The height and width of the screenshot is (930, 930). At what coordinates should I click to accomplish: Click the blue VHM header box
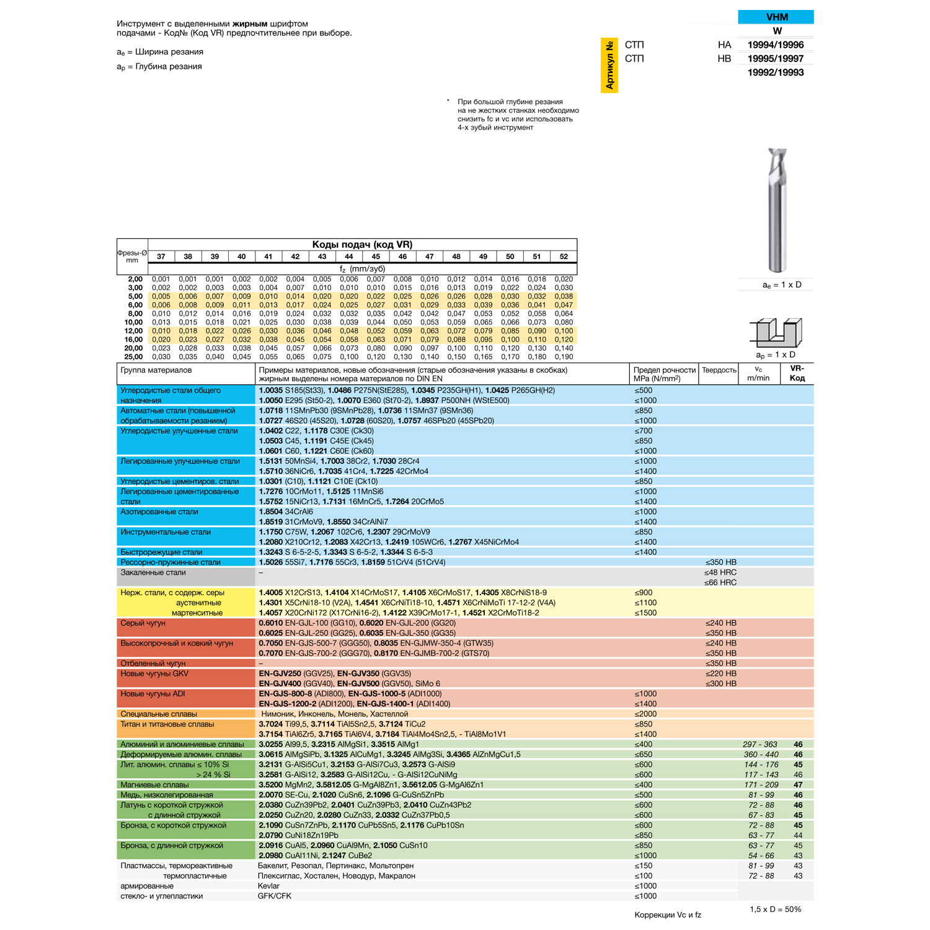pyautogui.click(x=776, y=17)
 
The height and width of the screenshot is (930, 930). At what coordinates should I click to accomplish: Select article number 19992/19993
pyautogui.click(x=776, y=73)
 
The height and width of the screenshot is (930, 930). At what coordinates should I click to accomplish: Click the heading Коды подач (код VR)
pyautogui.click(x=362, y=245)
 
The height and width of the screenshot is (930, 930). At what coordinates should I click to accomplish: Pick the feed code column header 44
pyautogui.click(x=349, y=257)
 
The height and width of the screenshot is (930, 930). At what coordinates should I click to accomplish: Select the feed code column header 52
pyautogui.click(x=564, y=257)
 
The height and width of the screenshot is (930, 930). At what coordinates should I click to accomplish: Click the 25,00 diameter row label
pyautogui.click(x=133, y=357)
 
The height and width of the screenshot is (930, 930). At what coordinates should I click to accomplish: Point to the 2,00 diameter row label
pyautogui.click(x=135, y=280)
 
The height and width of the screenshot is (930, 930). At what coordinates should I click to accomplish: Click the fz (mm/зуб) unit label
pyautogui.click(x=362, y=269)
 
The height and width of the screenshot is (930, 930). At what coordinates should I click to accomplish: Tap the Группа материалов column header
pyautogui.click(x=156, y=371)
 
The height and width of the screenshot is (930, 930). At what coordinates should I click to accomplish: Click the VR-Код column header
pyautogui.click(x=797, y=373)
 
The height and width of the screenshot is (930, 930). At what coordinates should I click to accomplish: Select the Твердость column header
pyautogui.click(x=719, y=371)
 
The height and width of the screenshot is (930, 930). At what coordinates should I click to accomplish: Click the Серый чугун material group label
pyautogui.click(x=143, y=623)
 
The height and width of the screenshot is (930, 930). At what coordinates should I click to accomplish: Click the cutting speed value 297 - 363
pyautogui.click(x=760, y=745)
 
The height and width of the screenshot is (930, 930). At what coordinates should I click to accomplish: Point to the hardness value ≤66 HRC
pyautogui.click(x=720, y=583)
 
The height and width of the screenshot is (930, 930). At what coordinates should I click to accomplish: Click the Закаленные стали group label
pyautogui.click(x=153, y=573)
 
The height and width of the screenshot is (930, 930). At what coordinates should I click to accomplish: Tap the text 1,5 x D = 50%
pyautogui.click(x=776, y=910)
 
